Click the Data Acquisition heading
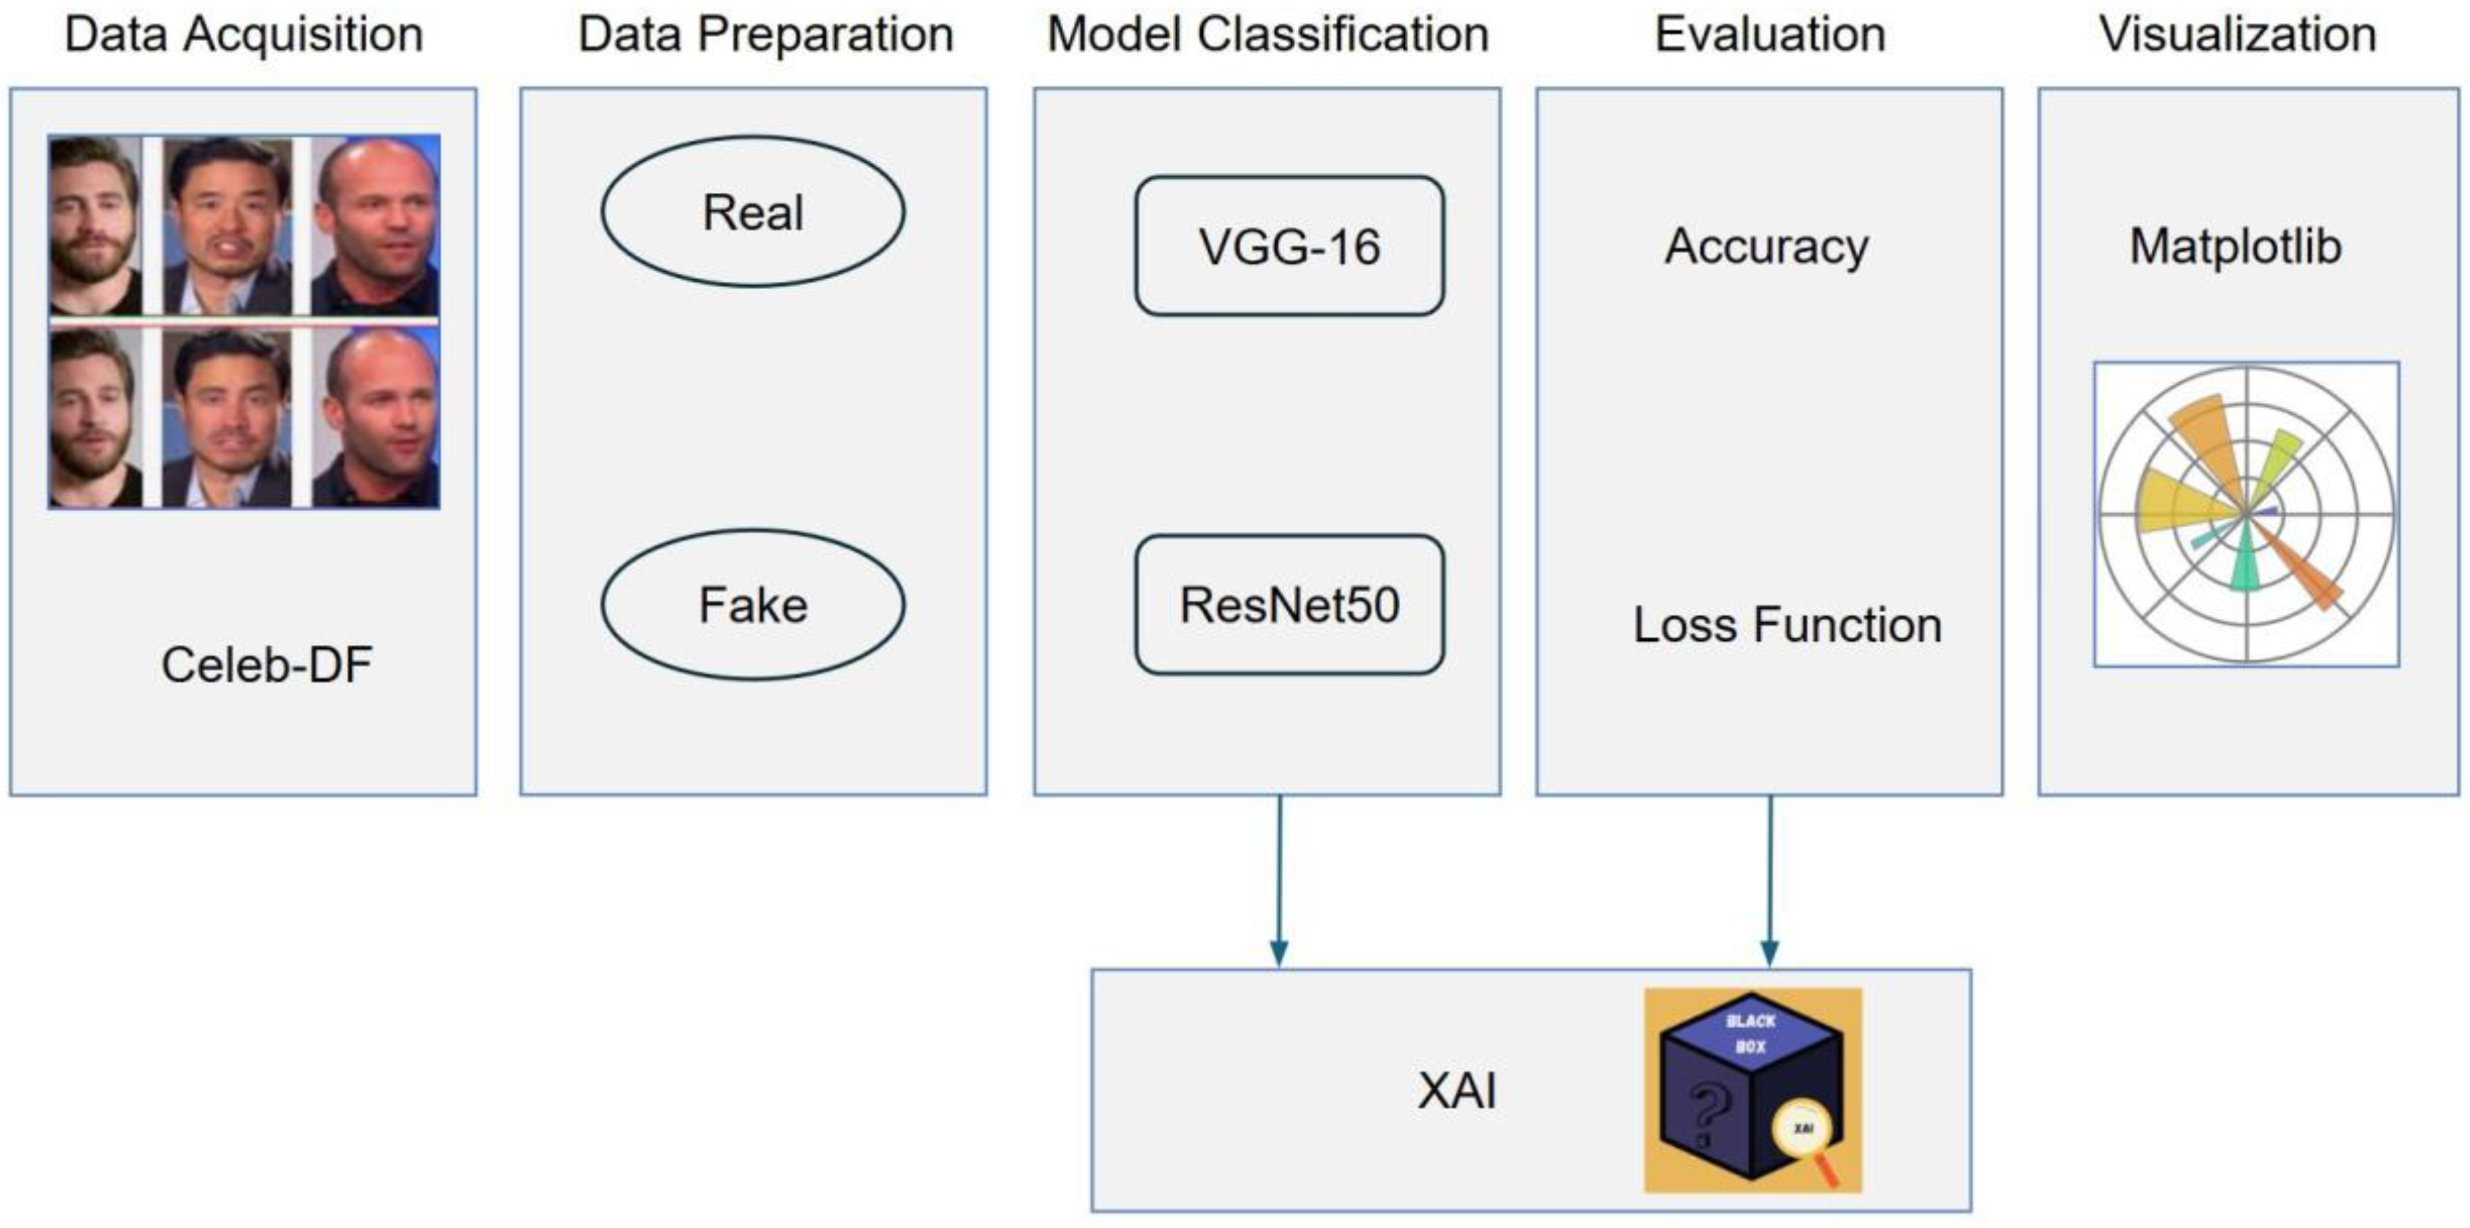point(243,34)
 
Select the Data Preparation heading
point(765,34)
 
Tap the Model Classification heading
point(1268,34)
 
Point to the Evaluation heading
point(1770,34)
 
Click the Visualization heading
point(2238,34)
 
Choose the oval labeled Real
point(752,211)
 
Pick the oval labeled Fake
point(752,605)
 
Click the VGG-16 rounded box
point(1288,245)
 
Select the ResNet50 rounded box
point(1288,605)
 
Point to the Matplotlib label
point(2235,246)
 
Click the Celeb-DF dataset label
point(266,665)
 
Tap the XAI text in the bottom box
point(1457,1091)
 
